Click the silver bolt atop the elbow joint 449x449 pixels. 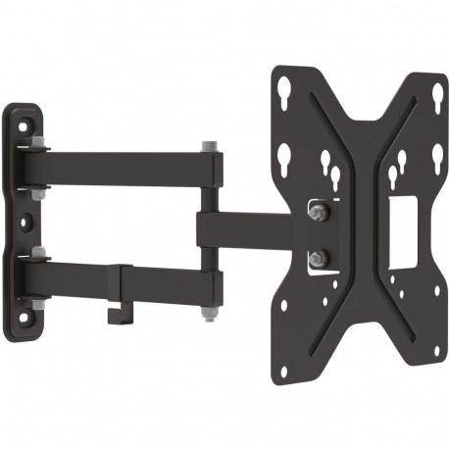pyautogui.click(x=209, y=148)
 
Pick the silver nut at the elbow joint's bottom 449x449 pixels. pyautogui.click(x=209, y=315)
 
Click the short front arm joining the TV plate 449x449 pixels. pyautogui.click(x=245, y=228)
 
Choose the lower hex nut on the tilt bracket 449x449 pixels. pyautogui.click(x=319, y=257)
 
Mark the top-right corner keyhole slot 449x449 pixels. pyautogui.click(x=436, y=96)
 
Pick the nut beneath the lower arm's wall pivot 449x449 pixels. pyautogui.click(x=35, y=305)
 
